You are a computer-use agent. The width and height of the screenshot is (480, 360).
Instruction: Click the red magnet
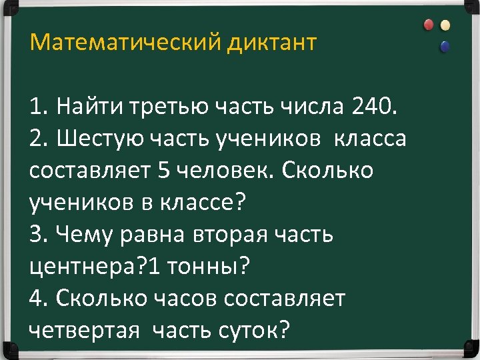428,25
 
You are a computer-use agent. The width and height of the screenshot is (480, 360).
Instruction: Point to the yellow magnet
445,25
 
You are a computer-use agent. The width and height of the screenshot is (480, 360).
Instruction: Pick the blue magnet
445,46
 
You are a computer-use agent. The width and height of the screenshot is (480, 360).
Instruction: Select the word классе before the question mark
197,203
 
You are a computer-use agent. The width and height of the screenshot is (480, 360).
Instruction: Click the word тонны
204,267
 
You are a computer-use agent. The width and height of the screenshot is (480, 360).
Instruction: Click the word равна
161,235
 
